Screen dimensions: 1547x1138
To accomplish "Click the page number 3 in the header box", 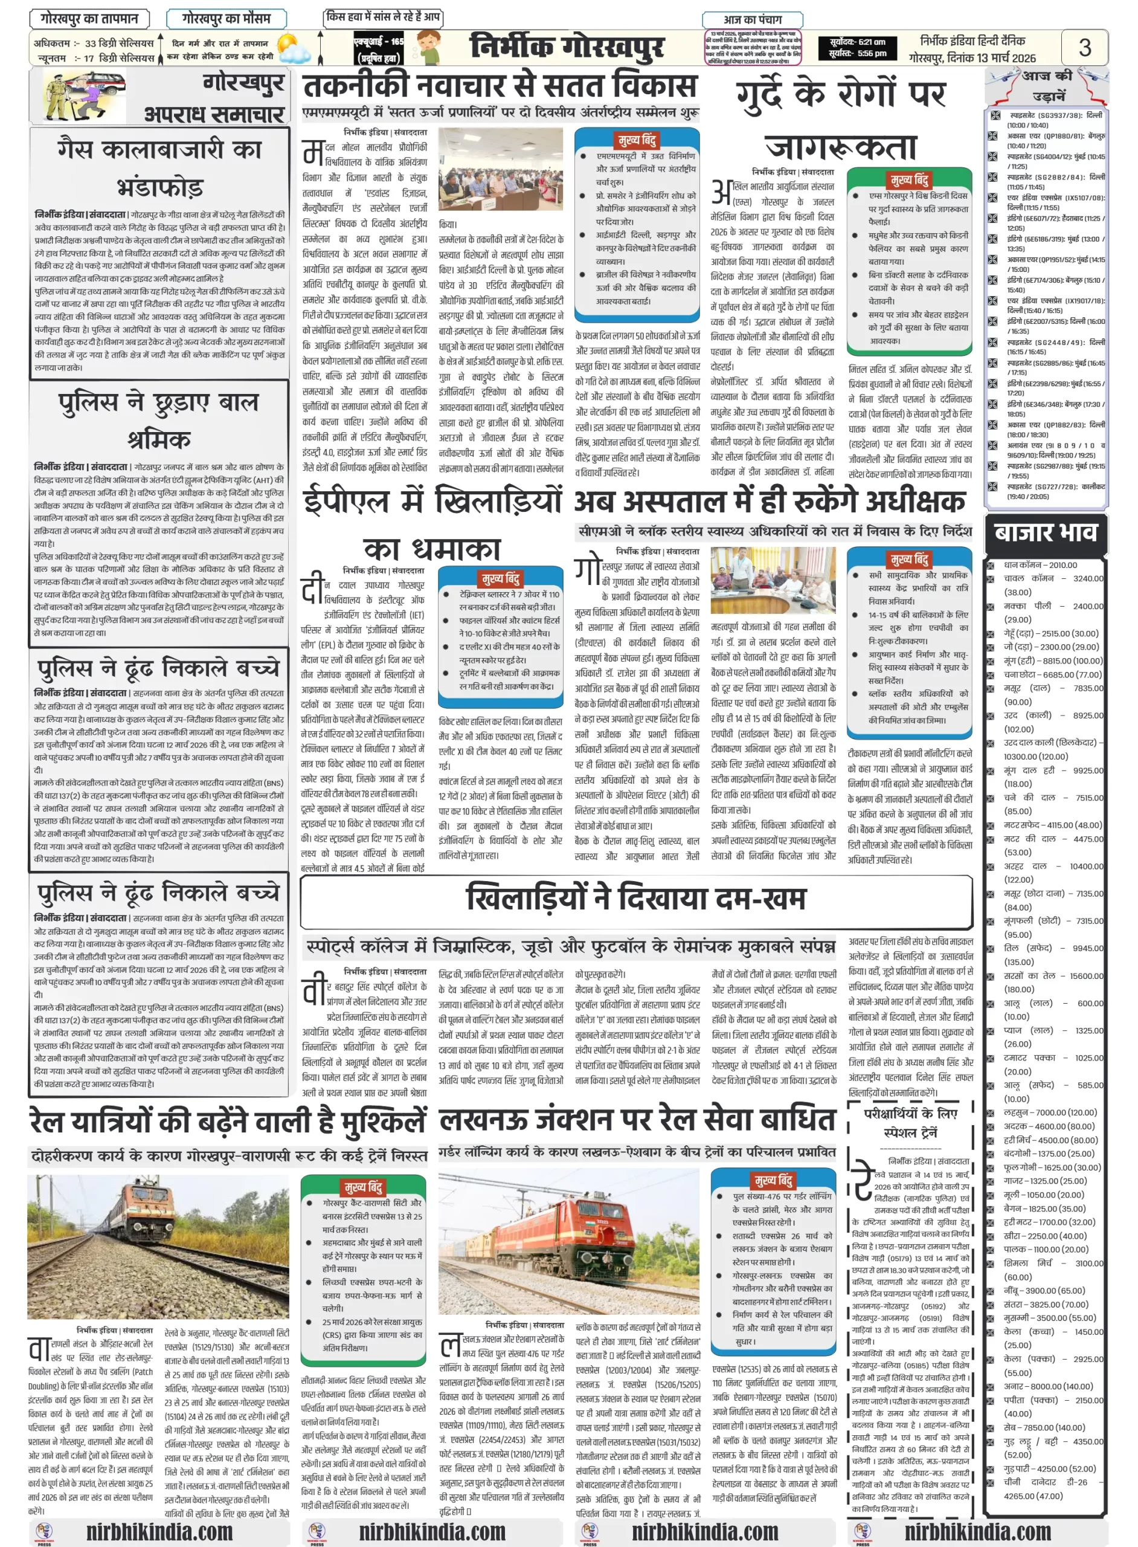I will tap(1084, 47).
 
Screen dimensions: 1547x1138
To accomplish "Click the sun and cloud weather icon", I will tap(294, 49).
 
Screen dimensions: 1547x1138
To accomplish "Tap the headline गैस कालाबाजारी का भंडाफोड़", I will tap(159, 167).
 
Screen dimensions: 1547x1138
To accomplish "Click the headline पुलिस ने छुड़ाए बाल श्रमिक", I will tap(159, 419).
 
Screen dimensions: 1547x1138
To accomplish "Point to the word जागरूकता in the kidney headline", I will tap(840, 147).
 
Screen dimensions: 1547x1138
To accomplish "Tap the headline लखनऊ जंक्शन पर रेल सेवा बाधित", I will tap(637, 1119).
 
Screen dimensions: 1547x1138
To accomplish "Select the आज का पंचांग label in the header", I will tap(752, 19).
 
